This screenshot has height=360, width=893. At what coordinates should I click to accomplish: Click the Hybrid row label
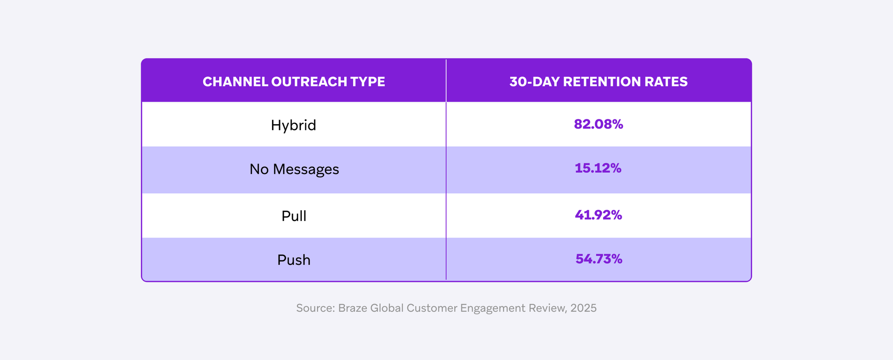click(293, 125)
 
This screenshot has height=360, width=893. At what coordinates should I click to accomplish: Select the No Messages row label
click(294, 169)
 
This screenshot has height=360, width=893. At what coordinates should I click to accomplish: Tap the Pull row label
click(294, 216)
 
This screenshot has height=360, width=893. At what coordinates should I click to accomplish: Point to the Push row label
click(294, 260)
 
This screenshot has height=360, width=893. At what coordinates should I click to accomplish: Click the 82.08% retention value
click(598, 124)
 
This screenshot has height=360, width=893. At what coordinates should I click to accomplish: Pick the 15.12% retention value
click(598, 168)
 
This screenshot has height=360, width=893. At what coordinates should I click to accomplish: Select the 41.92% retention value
click(598, 215)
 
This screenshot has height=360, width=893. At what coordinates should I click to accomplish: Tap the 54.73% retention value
click(599, 259)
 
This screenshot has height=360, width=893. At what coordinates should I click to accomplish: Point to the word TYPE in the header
click(367, 82)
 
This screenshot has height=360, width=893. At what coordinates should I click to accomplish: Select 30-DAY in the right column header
click(534, 82)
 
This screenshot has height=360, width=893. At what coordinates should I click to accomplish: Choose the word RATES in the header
click(666, 82)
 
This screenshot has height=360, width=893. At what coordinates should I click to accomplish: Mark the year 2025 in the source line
click(583, 308)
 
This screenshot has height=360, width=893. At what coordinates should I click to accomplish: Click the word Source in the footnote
click(314, 308)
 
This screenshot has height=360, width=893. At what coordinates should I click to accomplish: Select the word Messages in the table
click(306, 169)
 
